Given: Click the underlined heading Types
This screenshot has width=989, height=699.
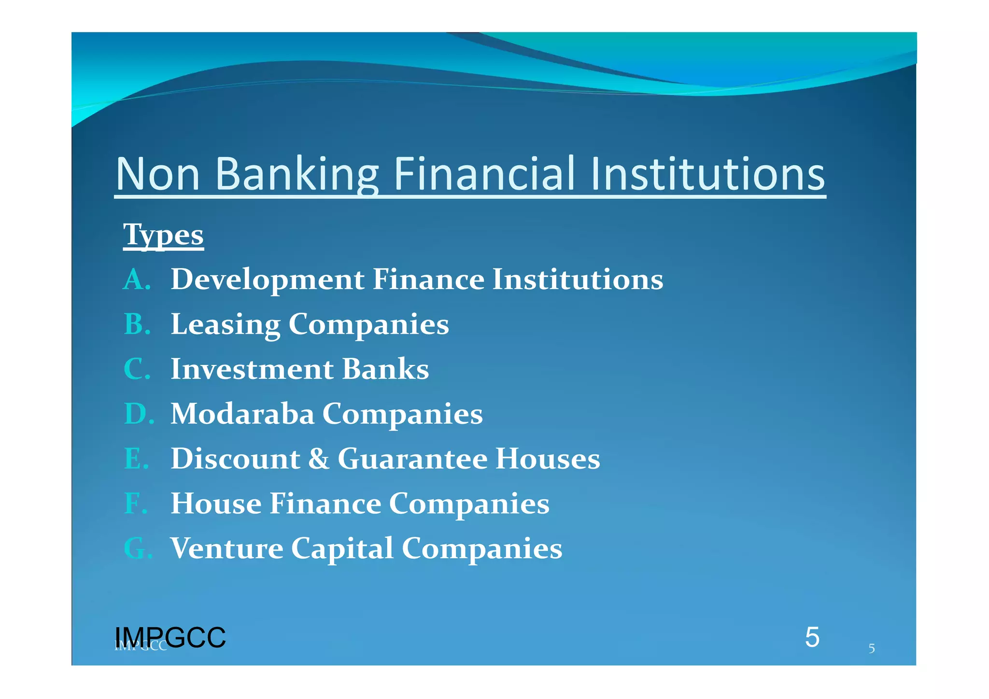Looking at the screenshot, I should [163, 235].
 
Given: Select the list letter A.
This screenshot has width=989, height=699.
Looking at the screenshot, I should [137, 280].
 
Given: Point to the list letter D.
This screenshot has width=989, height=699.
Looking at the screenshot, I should [139, 414].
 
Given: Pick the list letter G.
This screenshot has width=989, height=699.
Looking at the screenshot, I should [138, 548].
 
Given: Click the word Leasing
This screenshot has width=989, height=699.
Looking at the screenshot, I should [226, 324].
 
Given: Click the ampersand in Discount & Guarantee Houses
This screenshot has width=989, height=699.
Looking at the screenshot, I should [319, 459].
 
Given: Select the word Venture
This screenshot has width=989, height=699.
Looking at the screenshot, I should [227, 548].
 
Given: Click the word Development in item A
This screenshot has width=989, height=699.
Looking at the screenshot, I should [268, 280].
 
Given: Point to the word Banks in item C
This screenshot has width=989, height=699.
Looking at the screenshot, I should [385, 369].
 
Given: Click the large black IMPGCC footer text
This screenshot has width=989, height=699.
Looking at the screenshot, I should [170, 637].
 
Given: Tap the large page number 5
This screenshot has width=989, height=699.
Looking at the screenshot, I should [812, 637].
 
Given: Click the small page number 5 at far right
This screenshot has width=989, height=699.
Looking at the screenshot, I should [872, 648].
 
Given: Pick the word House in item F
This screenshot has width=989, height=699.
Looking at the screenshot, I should [216, 503].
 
